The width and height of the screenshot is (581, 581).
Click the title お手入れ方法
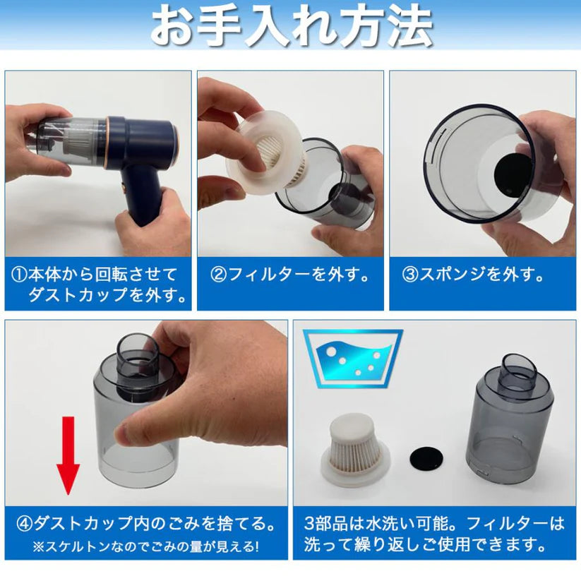click(290, 27)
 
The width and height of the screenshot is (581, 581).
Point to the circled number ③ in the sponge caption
click(411, 275)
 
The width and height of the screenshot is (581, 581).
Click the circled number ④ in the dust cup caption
click(25, 523)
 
